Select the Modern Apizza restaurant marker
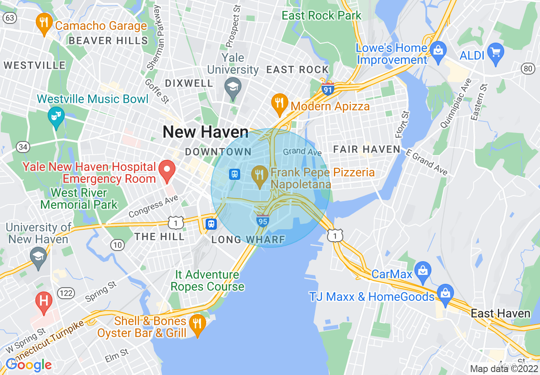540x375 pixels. point(279,104)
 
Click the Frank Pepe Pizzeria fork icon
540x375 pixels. point(259,174)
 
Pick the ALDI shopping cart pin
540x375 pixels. point(495,52)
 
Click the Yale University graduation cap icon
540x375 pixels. point(233,87)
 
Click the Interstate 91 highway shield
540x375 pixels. point(327,90)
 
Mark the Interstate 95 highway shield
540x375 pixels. point(262,221)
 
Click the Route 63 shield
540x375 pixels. point(10,17)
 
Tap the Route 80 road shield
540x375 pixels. point(529,68)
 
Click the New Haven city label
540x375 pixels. point(206,132)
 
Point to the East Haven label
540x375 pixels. point(500,314)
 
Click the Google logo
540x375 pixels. point(29,365)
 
